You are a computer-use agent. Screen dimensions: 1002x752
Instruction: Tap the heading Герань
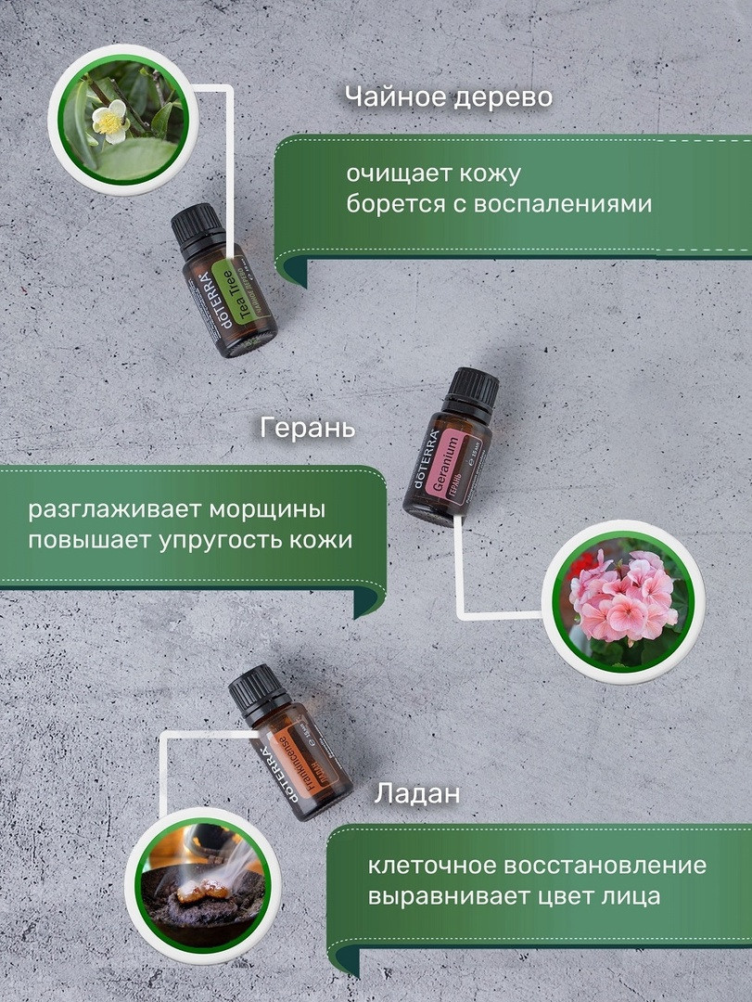tap(308, 430)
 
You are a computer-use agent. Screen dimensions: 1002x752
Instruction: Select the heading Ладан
tap(417, 794)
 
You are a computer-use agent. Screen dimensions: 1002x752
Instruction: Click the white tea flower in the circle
tap(110, 121)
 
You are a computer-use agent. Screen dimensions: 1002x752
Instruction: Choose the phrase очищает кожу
tap(434, 173)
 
